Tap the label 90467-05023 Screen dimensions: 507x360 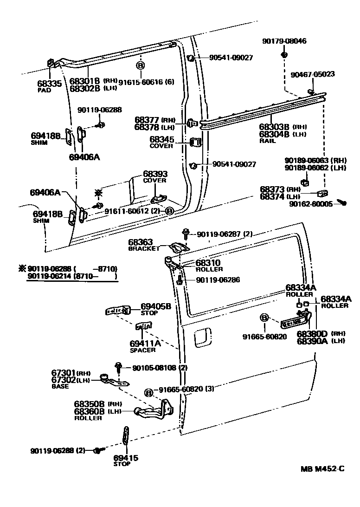[x=313, y=74]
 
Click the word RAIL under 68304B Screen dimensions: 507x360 [x=268, y=141]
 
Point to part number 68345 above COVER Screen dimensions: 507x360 [x=162, y=139]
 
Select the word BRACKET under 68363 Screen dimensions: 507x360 [x=143, y=249]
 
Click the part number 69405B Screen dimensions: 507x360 [x=156, y=306]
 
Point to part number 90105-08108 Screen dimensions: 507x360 [x=154, y=368]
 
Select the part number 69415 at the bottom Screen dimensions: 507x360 [x=126, y=458]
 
